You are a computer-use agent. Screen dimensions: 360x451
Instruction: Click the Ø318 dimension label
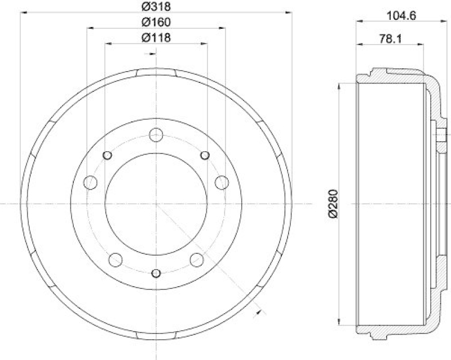156,7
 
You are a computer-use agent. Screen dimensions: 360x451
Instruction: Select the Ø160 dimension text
156,22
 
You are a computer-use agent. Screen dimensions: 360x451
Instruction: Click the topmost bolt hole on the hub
157,135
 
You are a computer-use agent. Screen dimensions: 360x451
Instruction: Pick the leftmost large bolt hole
90,182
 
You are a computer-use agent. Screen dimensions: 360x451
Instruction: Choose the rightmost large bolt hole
223,182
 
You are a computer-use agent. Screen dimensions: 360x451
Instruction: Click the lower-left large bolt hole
116,260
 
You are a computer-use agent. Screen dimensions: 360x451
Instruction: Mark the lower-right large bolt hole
197,260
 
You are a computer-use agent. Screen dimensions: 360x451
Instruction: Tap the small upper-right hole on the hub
205,156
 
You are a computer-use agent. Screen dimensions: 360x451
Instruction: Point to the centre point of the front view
157,203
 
